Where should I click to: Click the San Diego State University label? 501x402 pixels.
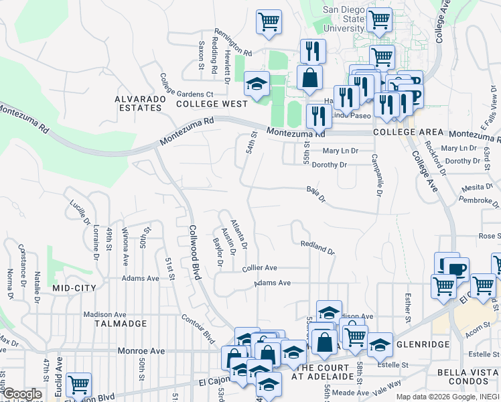point(344,19)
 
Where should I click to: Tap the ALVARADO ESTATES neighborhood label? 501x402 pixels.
point(140,104)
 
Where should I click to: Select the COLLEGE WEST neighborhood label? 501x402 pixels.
point(212,104)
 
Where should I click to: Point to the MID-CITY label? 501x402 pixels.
point(74,287)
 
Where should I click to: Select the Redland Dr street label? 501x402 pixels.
point(317,248)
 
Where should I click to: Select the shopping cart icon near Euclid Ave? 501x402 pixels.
point(79,385)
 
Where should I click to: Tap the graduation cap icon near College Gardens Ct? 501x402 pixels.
point(256,83)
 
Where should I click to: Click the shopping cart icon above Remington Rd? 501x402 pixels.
point(269,21)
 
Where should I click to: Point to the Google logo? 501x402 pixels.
point(21,394)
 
